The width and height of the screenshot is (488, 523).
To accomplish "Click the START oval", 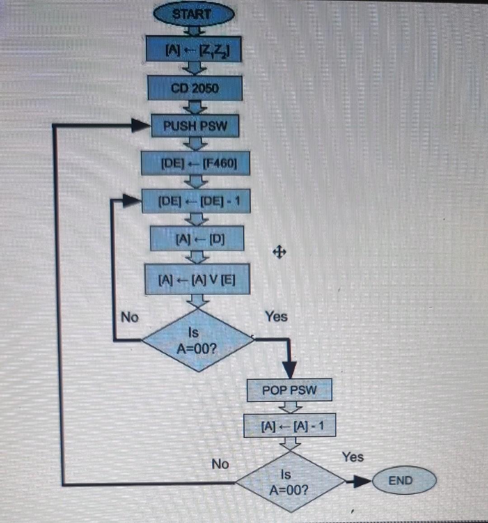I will (x=194, y=14).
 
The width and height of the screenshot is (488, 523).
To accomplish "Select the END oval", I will (x=404, y=480).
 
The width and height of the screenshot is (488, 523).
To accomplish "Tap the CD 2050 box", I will (x=195, y=88).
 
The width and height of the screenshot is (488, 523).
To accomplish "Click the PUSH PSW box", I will (x=195, y=126).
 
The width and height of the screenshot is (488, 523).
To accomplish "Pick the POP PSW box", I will (x=289, y=390).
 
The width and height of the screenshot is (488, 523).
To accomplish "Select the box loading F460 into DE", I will (x=196, y=163).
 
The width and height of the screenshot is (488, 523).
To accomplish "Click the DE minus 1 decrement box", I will (x=196, y=201).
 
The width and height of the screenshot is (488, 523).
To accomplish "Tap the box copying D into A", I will (x=197, y=238).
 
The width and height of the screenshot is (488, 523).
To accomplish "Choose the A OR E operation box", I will (x=197, y=279).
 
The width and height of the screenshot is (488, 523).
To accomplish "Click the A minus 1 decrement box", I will (x=290, y=425).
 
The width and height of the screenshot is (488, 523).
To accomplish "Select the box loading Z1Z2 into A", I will (x=193, y=49).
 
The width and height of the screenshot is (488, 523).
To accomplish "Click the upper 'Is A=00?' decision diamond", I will (x=197, y=340).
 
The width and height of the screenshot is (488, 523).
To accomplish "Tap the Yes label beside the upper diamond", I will (x=276, y=316).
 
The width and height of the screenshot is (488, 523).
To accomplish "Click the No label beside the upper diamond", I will (x=130, y=317).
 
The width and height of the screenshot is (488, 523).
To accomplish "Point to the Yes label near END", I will (x=352, y=457).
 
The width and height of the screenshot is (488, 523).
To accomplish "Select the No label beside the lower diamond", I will (x=220, y=464).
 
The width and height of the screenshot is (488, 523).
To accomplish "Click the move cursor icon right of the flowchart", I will (x=279, y=252).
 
